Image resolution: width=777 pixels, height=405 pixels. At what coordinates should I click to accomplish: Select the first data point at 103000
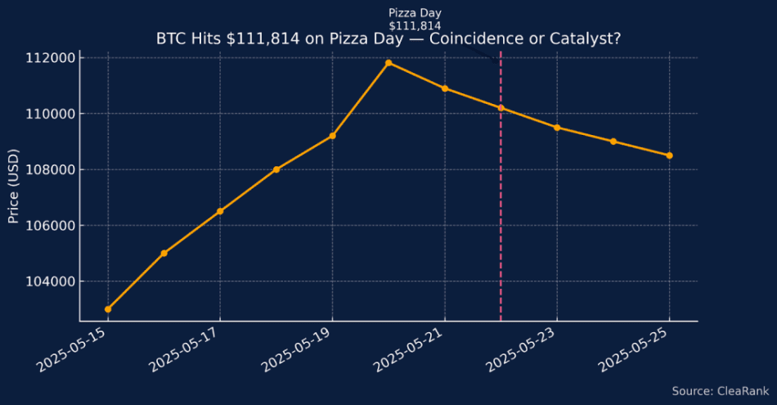coord(108,309)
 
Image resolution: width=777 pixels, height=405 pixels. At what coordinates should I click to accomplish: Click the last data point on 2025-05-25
coord(669,155)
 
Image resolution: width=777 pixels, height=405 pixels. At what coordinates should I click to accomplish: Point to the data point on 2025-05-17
coord(220,211)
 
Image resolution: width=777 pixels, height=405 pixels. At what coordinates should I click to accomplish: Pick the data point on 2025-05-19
coord(332,136)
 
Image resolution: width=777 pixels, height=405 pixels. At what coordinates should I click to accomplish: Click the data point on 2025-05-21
coord(444,88)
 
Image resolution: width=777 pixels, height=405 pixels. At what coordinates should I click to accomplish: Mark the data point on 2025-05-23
coord(557,128)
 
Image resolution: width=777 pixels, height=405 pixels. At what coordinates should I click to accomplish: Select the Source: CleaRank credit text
coord(718,391)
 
